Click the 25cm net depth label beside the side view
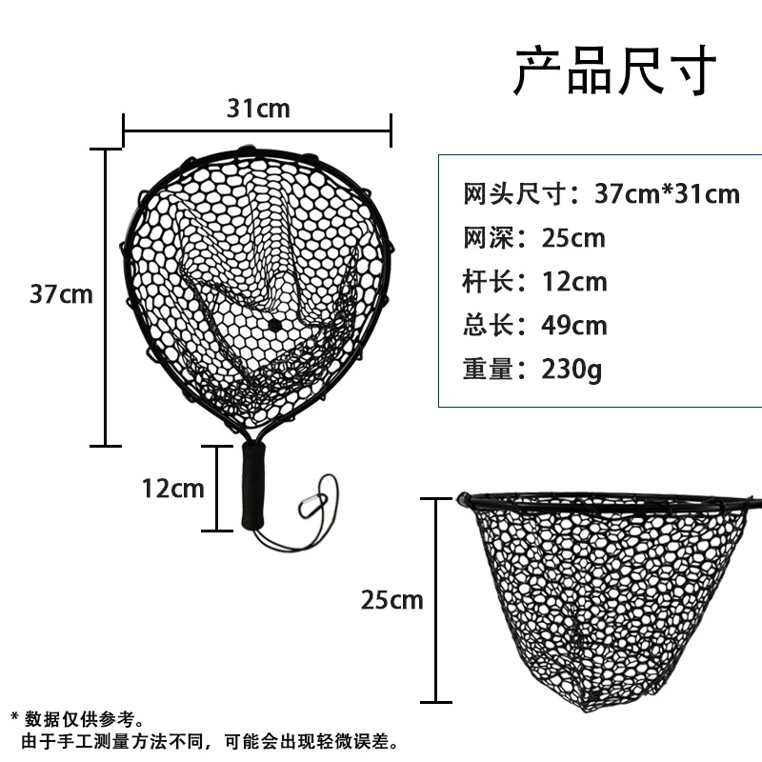pyautogui.click(x=391, y=600)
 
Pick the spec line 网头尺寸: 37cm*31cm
pyautogui.click(x=601, y=193)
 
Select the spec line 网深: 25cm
pyautogui.click(x=534, y=237)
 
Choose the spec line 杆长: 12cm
pyautogui.click(x=534, y=281)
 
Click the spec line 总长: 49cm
pyautogui.click(x=534, y=325)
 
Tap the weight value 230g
pyautogui.click(x=571, y=369)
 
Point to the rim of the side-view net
pyautogui.click(x=610, y=496)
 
